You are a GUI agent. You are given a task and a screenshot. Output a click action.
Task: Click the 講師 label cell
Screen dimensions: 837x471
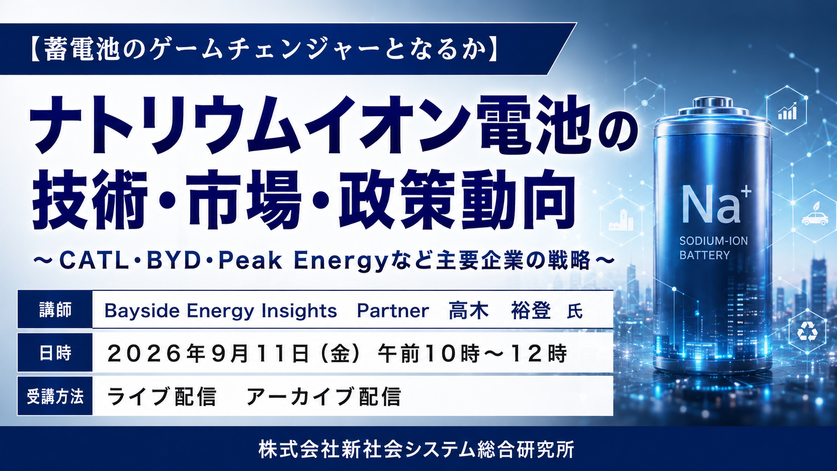point(55,309)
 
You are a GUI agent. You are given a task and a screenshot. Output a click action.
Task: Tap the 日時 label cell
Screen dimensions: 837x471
point(55,352)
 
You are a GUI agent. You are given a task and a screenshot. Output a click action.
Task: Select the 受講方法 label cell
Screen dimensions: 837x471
point(55,396)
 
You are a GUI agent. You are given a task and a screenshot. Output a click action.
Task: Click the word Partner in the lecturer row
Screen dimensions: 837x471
point(392,311)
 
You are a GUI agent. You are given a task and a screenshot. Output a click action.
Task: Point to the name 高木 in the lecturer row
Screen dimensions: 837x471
point(469,311)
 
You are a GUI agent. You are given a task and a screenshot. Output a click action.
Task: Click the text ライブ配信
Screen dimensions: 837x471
point(161,396)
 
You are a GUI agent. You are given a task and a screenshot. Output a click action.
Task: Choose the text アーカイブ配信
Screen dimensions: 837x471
point(323,396)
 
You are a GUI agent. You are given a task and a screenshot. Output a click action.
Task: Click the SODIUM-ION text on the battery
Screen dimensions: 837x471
point(713,241)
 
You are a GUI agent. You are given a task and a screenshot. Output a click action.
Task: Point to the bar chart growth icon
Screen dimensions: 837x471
point(787,111)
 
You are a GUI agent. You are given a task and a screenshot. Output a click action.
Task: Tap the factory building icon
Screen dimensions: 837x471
point(621,220)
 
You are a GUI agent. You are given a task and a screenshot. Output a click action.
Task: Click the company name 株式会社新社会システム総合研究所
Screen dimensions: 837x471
point(416,449)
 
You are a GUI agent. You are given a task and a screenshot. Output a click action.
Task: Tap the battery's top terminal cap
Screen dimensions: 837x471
point(712,104)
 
